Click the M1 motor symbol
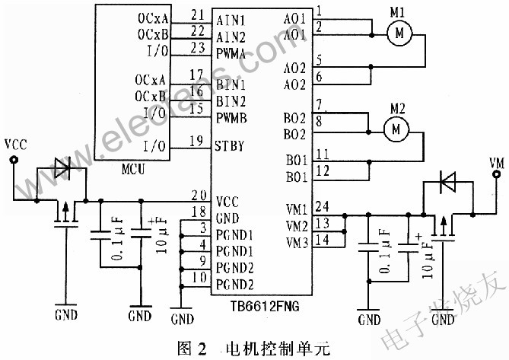tap(399, 33)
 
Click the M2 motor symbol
tap(395, 130)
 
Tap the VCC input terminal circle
tap(13, 159)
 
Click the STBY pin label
tap(230, 146)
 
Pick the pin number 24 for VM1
tap(322, 205)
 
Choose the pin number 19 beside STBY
tap(198, 140)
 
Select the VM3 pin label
tap(296, 244)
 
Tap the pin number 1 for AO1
tap(318, 11)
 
